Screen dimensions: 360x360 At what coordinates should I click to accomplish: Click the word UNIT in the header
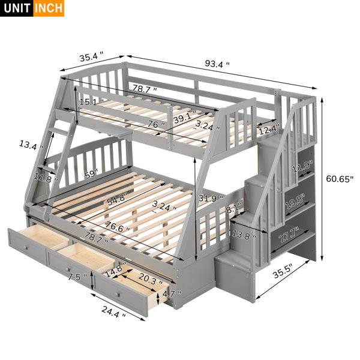pos(17,8)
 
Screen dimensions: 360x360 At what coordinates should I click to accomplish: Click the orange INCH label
pos(49,8)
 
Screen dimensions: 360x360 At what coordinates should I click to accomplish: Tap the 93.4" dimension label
pos(217,64)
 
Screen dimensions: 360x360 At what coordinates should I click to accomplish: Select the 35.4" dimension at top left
pos(91,56)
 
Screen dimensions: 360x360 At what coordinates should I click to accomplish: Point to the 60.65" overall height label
pos(340,179)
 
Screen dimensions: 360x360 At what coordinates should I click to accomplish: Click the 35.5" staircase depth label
pos(283,271)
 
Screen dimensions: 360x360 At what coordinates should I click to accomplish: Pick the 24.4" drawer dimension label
pos(113,311)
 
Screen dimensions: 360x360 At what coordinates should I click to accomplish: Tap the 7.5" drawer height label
pos(77,277)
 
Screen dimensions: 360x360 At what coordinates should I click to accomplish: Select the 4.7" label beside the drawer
pos(172,293)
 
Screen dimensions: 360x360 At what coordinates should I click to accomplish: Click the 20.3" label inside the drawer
pos(151,279)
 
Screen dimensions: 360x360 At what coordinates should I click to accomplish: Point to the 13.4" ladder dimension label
pos(31,145)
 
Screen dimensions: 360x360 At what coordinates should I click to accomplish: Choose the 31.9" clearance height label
pos(211,197)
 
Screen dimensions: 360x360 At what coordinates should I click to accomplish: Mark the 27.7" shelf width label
pos(289,235)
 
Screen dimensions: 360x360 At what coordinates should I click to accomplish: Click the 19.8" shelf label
pos(295,202)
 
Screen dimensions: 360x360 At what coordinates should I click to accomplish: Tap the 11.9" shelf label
pos(302,167)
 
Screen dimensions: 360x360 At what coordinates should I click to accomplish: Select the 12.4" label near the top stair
pos(269,130)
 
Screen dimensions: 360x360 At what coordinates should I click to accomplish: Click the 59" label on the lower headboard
pos(91,174)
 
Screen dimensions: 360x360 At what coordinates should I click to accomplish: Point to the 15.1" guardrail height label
pos(91,102)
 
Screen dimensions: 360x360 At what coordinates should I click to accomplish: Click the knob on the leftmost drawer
pos(26,247)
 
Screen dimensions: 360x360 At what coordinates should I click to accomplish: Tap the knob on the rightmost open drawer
pos(118,295)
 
